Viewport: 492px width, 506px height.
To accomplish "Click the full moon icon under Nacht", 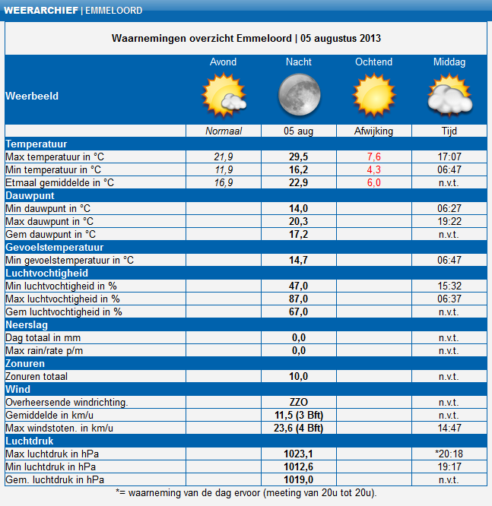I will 298,95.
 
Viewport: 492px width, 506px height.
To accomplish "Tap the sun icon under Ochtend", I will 373,95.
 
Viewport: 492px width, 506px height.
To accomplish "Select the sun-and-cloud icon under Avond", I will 223,96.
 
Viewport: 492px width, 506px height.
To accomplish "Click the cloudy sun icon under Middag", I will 449,96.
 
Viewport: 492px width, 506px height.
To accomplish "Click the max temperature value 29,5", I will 298,157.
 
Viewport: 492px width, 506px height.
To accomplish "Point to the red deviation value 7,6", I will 373,157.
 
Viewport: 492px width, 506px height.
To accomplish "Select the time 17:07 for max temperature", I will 449,157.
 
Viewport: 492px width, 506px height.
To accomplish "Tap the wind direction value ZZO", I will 298,402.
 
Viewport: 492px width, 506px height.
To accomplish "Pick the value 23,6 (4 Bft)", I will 298,428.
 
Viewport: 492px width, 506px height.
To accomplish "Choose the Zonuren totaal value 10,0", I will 298,376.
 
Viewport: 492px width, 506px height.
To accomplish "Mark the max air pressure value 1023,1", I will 298,454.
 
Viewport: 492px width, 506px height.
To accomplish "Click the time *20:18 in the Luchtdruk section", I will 449,454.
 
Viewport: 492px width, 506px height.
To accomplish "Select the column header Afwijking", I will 373,131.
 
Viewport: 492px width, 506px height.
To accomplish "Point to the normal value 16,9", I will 223,182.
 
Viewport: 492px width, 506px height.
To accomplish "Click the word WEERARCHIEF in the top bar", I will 40,11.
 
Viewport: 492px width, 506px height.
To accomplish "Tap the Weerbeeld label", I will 32,96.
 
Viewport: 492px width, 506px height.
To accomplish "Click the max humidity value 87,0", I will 298,299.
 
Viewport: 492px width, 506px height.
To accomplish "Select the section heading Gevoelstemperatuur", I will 54,247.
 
